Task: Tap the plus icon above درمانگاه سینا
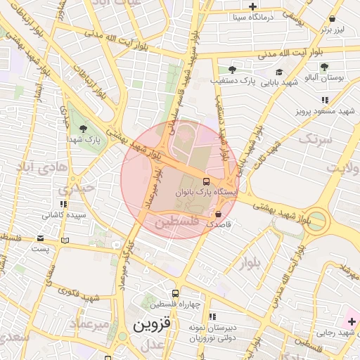[x=252, y=6]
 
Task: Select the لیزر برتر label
[x=335, y=30]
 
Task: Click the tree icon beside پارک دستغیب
[x=231, y=69]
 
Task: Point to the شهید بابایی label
[x=279, y=82]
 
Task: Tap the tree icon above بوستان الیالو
[x=323, y=67]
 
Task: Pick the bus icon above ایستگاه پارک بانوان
[x=206, y=181]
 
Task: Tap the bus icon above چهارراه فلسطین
[x=175, y=293]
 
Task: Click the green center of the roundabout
[x=316, y=221]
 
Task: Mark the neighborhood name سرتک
[x=314, y=141]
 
